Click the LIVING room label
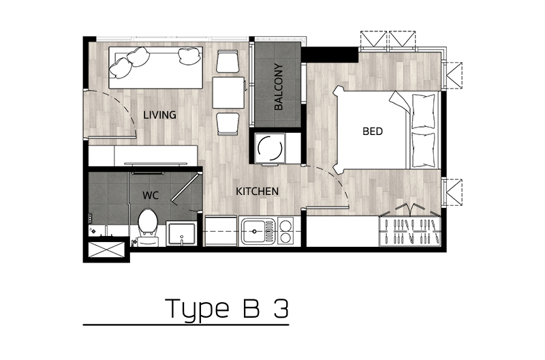[x=159, y=115]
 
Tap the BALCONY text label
[x=279, y=87]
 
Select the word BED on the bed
[x=372, y=131]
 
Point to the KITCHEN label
[x=258, y=192]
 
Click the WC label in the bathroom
[x=151, y=196]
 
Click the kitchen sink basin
[x=254, y=230]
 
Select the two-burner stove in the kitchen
[x=285, y=231]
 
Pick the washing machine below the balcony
[x=270, y=148]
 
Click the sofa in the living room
[x=155, y=67]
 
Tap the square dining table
[x=228, y=93]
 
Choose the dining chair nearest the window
[x=228, y=61]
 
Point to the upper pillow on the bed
[x=423, y=111]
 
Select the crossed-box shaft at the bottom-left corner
[x=106, y=250]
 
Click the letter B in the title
[x=251, y=307]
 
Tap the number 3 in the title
[x=281, y=308]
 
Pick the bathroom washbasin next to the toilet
[x=181, y=234]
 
